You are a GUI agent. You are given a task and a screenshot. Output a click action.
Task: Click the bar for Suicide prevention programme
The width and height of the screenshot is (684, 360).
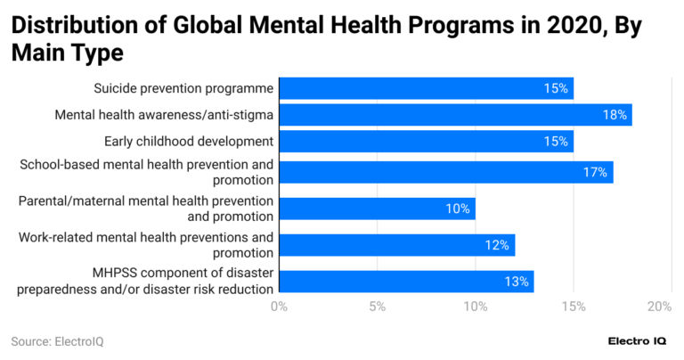click(426, 88)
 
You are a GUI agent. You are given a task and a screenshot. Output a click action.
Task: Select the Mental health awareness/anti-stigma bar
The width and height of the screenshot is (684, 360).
click(455, 114)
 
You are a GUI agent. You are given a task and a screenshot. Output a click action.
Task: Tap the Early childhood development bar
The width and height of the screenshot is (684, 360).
click(426, 141)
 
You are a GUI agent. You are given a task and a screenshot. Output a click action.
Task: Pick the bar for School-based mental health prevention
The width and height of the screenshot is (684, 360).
click(445, 172)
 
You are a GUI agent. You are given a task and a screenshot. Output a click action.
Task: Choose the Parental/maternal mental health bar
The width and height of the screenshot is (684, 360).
click(377, 209)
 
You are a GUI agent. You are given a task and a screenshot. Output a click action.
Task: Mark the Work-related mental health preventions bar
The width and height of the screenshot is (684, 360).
click(396, 245)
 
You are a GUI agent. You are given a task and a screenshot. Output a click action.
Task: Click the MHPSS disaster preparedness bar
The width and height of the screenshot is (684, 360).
click(406, 282)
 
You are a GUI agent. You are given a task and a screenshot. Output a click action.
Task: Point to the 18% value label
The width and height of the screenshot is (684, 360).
click(615, 114)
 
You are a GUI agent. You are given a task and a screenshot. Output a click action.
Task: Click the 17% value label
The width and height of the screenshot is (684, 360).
click(596, 172)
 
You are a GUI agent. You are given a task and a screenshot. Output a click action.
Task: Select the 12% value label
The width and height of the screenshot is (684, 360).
click(497, 245)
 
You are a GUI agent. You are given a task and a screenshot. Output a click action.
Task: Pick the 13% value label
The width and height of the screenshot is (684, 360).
click(516, 282)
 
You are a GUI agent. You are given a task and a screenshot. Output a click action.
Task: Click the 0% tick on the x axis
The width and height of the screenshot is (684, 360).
click(279, 307)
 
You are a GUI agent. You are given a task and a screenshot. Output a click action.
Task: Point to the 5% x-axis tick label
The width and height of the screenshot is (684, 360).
click(377, 307)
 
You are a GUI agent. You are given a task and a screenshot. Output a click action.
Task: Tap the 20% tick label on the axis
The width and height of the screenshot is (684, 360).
click(659, 307)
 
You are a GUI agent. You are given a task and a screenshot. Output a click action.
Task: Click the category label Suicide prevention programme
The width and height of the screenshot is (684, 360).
click(183, 88)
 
